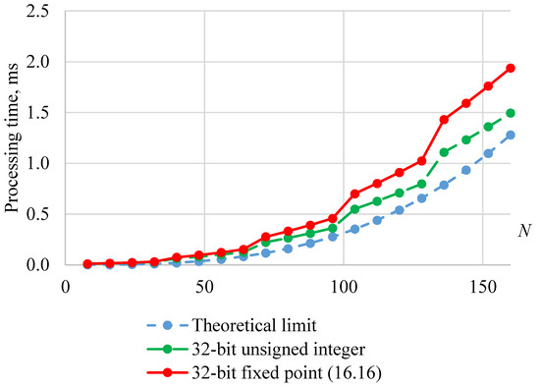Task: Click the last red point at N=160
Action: (x=511, y=68)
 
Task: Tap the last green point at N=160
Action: (x=511, y=113)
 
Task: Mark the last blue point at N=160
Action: (x=511, y=135)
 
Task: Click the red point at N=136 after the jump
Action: (x=444, y=120)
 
